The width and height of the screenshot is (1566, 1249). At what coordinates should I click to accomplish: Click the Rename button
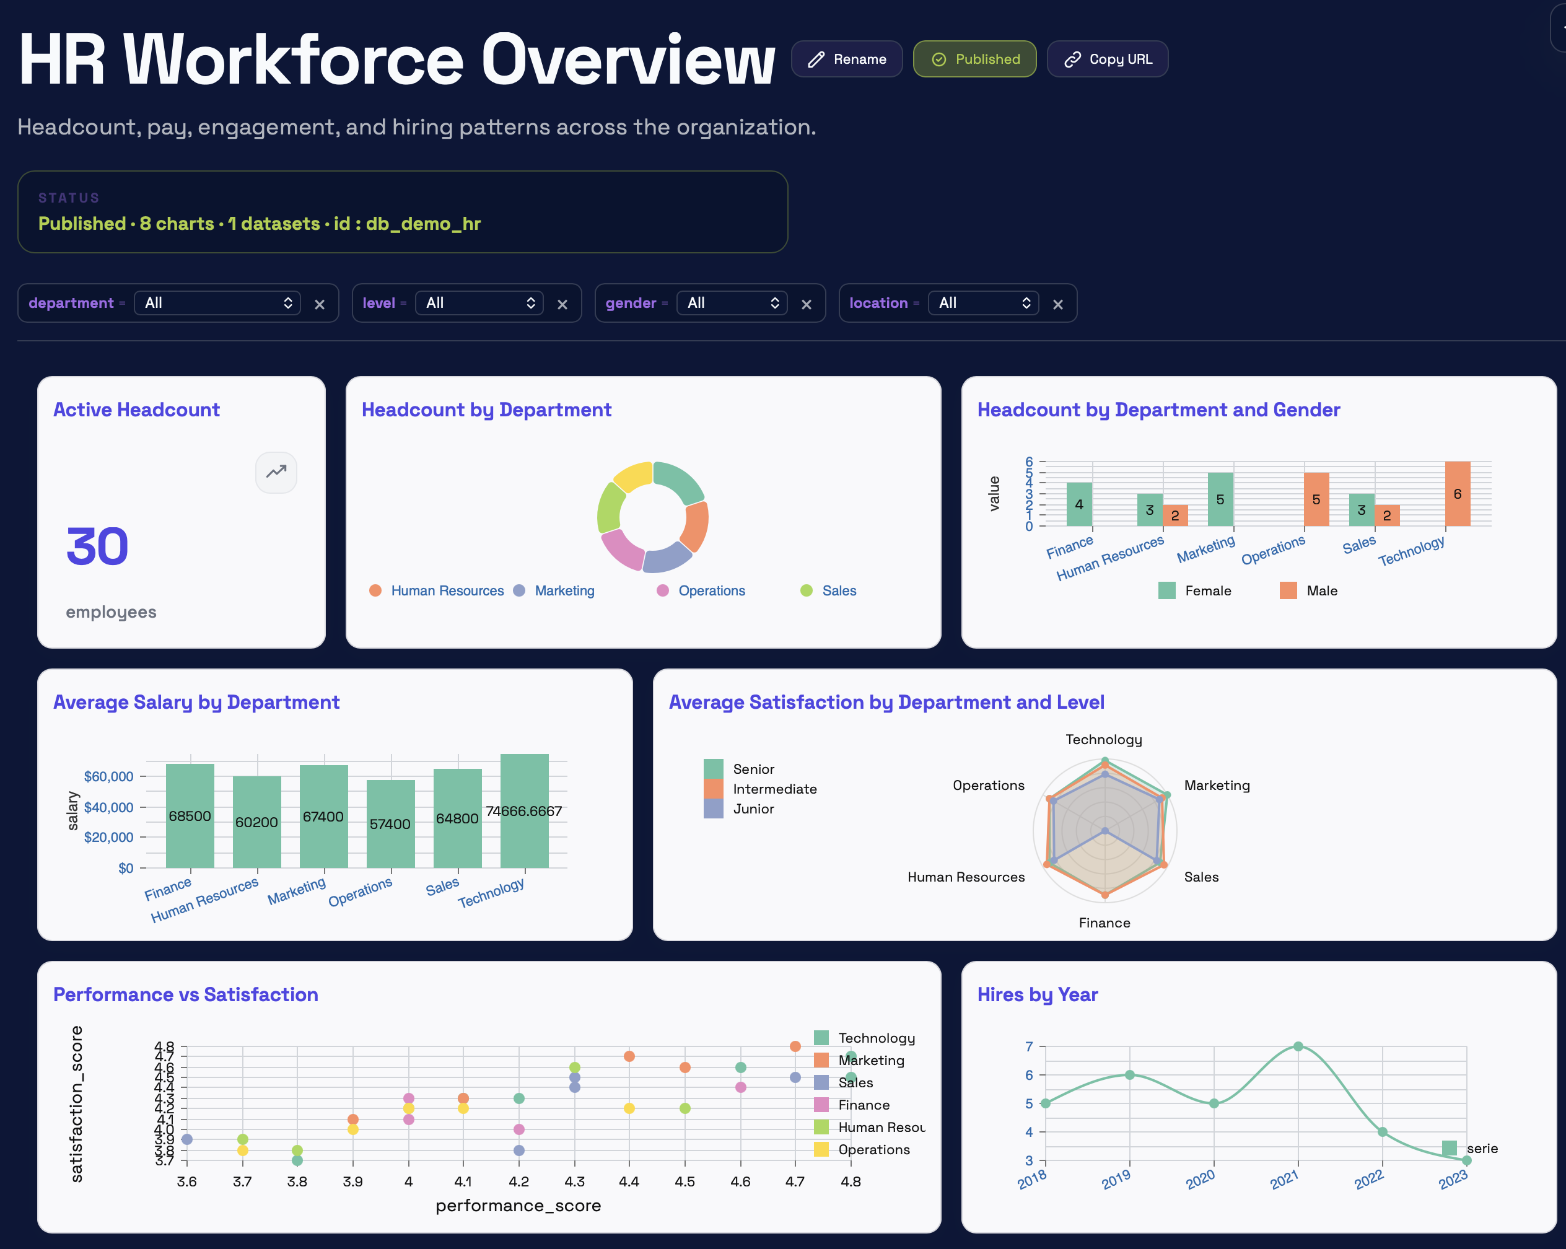coord(846,59)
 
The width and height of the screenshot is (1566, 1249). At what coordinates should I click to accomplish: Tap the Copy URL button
coord(1107,59)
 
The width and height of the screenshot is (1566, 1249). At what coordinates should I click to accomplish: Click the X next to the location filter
coord(1057,304)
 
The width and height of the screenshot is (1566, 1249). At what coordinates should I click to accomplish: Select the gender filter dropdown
coord(732,303)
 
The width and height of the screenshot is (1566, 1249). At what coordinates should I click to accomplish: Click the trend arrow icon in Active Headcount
coord(276,472)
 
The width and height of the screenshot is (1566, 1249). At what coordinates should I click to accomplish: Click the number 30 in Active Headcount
coord(97,546)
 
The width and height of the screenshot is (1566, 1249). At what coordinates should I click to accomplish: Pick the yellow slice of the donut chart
coord(632,476)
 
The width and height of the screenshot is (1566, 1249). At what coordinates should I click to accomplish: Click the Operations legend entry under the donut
coord(711,590)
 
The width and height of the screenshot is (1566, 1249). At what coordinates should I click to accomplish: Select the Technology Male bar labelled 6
coord(1457,494)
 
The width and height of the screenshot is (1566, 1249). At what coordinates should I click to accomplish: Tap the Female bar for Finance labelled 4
coord(1078,504)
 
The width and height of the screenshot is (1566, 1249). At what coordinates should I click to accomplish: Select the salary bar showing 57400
coord(390,823)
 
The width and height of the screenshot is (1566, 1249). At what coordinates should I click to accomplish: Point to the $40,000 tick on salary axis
coord(109,807)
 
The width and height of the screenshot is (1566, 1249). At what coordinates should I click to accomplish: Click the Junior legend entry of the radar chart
coord(753,809)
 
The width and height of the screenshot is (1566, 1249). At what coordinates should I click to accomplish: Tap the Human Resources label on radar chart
coord(965,877)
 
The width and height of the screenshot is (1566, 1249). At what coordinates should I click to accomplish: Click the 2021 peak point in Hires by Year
coord(1298,1046)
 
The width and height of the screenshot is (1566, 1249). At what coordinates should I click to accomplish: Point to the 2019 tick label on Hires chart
coord(1116,1178)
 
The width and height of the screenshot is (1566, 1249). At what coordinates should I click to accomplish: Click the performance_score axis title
coord(518,1206)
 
